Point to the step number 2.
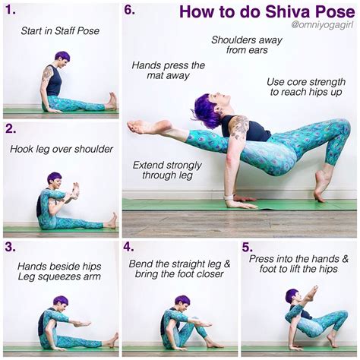point(11,128)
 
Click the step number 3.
point(10,247)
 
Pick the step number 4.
point(129,247)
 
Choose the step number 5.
point(248,247)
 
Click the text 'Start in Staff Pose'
point(61,31)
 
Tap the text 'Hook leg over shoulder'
point(61,149)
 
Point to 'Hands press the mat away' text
point(168,71)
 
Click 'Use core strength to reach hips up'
point(304,87)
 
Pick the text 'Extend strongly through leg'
point(167,171)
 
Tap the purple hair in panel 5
point(291,294)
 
